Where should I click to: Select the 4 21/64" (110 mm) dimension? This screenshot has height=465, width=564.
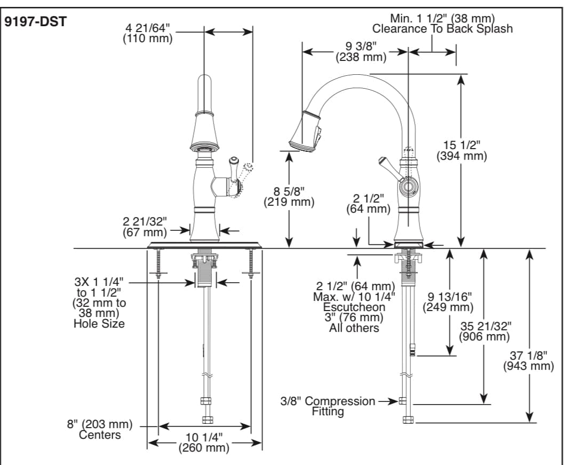point(148,33)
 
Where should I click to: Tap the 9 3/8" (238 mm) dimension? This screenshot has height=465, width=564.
point(361,51)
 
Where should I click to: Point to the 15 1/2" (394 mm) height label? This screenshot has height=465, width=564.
point(462,150)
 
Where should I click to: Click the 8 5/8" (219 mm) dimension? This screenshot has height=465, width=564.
point(289,196)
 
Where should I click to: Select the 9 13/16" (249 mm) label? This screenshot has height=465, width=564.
point(448,302)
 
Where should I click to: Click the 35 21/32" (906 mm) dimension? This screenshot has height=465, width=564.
point(484,331)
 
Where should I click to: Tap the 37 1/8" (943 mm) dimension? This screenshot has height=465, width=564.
point(529,361)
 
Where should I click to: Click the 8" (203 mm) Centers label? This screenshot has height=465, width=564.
point(100,430)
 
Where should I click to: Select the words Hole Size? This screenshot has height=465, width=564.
point(99,323)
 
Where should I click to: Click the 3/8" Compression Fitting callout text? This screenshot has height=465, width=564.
point(328,406)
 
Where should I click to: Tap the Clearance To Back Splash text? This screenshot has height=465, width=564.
point(442,29)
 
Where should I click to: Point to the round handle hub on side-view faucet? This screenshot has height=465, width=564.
point(408,187)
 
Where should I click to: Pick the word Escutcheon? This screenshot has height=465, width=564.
point(354,307)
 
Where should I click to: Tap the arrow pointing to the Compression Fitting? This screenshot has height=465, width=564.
point(388,401)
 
